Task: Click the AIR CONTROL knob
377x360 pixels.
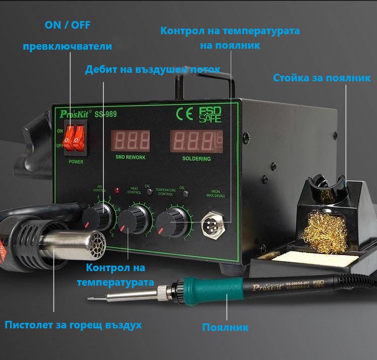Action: (x=93, y=217)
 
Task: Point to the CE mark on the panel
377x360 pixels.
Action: (x=184, y=114)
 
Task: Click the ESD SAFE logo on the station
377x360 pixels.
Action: (x=210, y=115)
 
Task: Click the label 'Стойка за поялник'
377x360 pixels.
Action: (x=322, y=78)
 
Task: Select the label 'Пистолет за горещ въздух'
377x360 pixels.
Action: (x=73, y=325)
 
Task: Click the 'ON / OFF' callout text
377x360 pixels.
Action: (x=68, y=25)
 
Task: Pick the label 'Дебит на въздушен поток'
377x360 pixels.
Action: (x=152, y=69)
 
